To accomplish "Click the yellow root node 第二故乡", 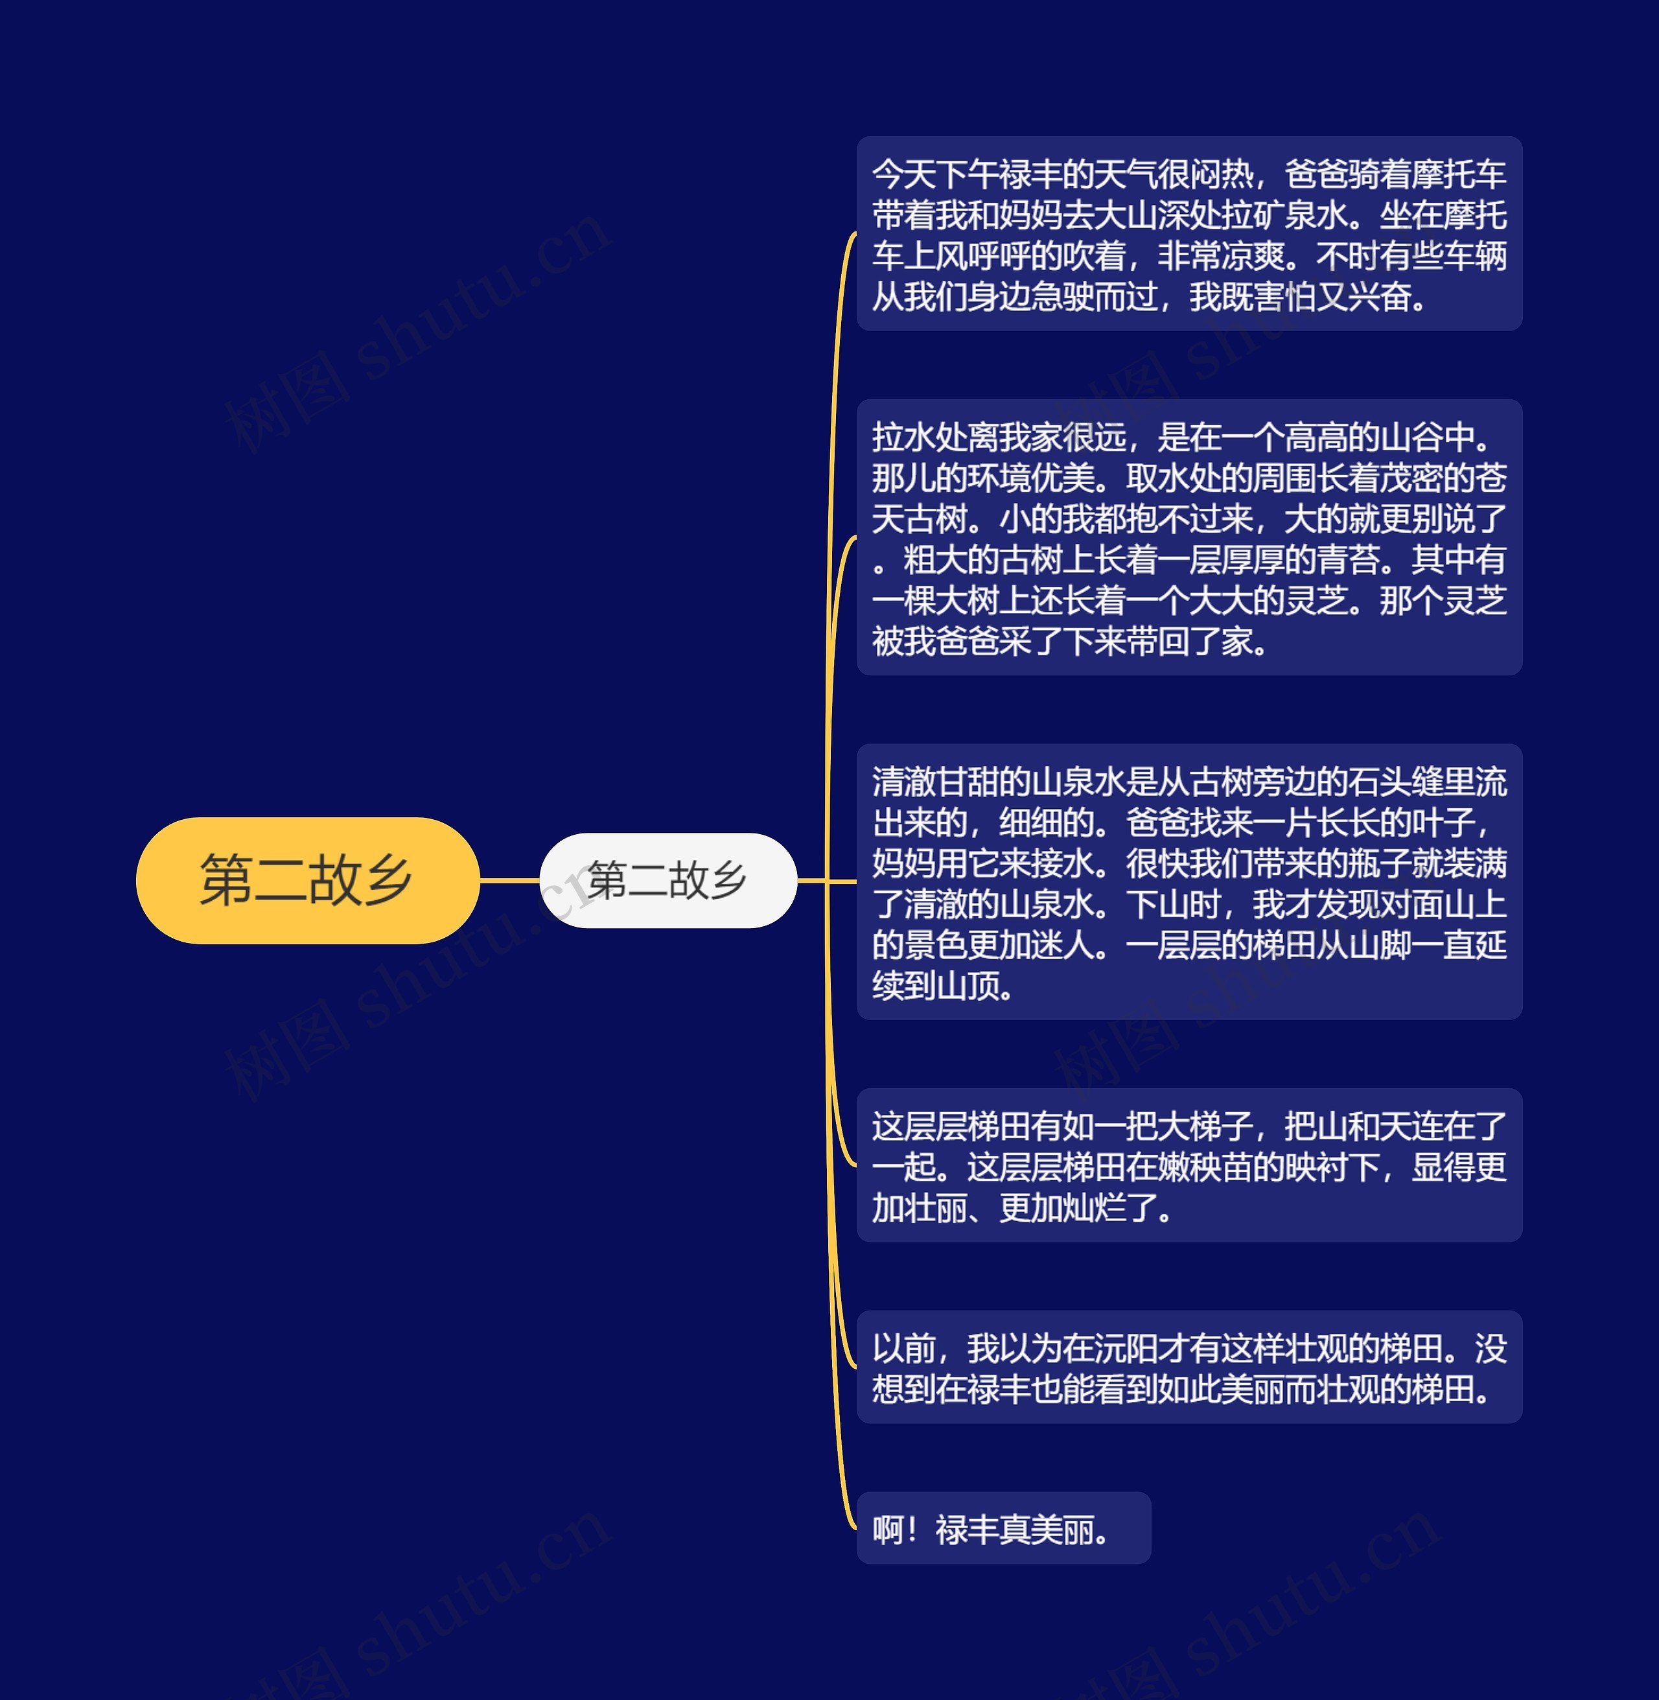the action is tap(307, 880).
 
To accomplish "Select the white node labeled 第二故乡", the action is tap(667, 880).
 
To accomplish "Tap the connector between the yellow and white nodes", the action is tap(510, 880).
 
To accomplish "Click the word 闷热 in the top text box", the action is tap(1221, 174).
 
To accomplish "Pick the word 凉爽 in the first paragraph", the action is tap(1253, 256).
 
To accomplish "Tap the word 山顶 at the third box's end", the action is tap(967, 986).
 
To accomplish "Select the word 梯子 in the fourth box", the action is tap(1221, 1126).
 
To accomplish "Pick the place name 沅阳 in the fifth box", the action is tap(1126, 1349).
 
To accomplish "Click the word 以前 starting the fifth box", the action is tap(903, 1349).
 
